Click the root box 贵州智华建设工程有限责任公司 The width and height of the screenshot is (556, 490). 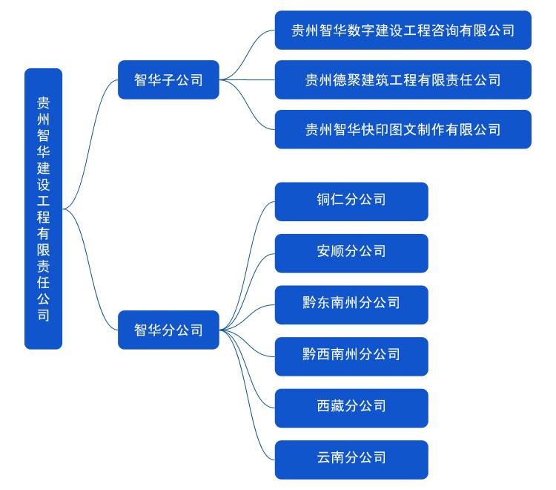click(44, 209)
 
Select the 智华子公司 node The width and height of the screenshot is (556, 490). click(168, 79)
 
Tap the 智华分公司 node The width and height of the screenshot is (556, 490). click(168, 330)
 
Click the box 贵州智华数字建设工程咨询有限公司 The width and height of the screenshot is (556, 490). click(403, 30)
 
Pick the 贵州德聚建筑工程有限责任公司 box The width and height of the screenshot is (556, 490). click(403, 79)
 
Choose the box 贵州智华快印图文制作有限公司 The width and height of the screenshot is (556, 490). click(403, 129)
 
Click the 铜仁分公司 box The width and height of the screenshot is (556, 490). click(351, 201)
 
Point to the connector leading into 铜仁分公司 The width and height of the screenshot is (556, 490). click(255, 223)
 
